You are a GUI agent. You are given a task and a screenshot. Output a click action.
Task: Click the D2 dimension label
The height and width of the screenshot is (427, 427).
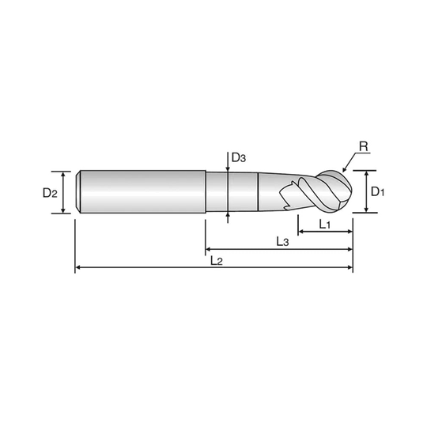[x=50, y=193]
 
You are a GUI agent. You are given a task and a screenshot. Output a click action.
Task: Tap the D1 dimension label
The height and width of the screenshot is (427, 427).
[x=377, y=191]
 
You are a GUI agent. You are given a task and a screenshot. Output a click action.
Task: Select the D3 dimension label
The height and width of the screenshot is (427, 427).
[x=239, y=157]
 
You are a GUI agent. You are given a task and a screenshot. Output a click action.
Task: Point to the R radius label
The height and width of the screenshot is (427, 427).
[x=364, y=146]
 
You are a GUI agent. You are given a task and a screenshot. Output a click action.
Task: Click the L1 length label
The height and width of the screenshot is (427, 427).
[x=325, y=225]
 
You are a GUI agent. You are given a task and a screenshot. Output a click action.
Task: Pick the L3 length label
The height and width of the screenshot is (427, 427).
[x=282, y=241]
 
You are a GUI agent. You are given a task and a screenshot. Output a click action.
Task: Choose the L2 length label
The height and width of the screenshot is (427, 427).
[x=217, y=261]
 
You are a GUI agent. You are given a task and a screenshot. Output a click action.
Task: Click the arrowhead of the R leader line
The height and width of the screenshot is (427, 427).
[x=344, y=170]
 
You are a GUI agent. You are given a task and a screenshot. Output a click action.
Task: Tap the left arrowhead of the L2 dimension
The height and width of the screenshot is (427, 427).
[x=77, y=267]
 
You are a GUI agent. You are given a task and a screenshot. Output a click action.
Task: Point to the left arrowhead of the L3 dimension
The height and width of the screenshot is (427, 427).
[x=208, y=249]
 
